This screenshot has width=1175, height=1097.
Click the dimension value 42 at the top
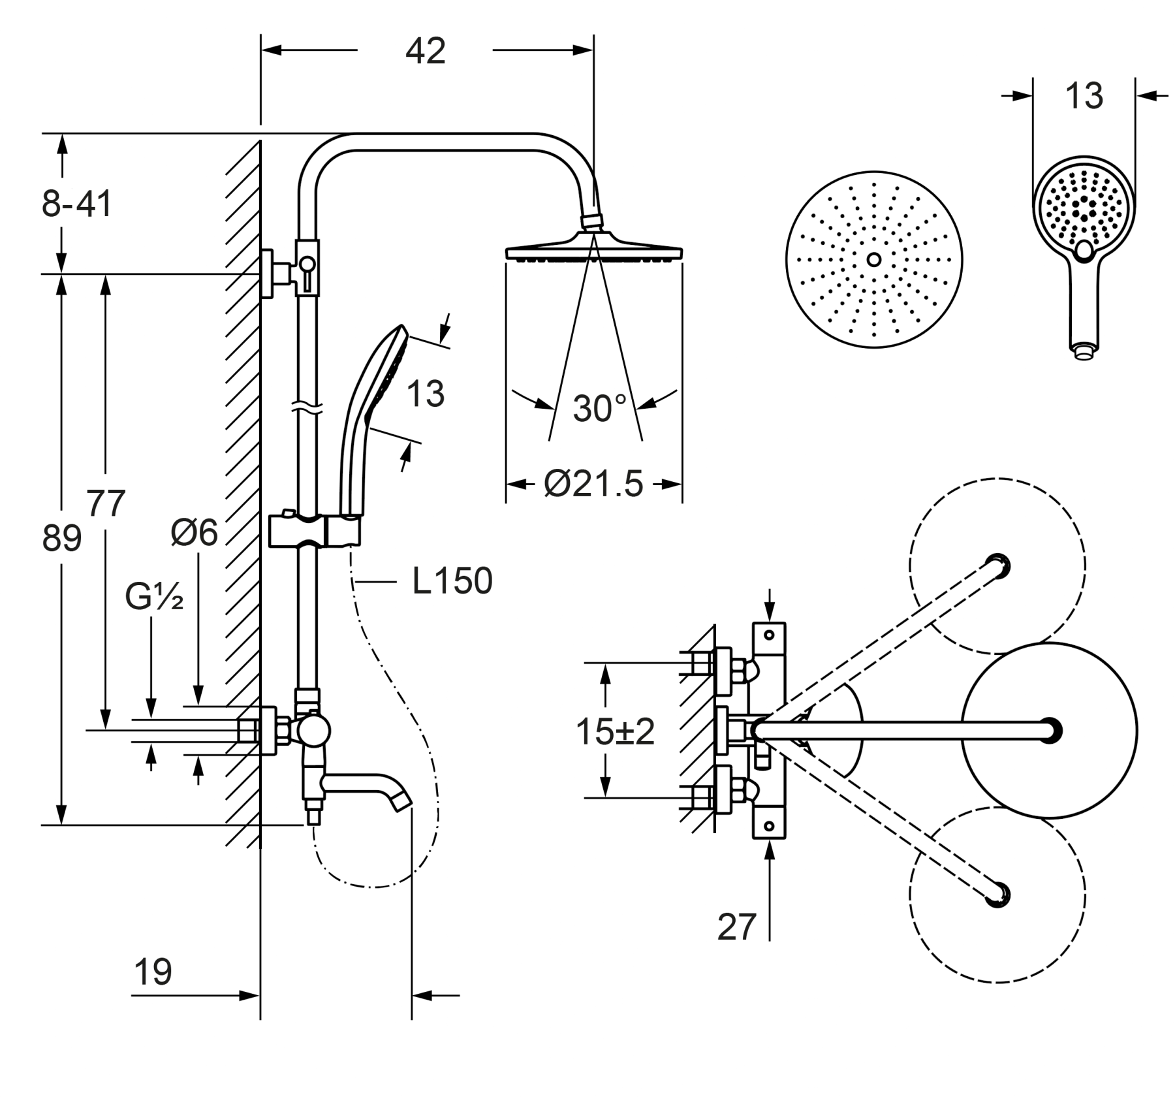pyautogui.click(x=425, y=51)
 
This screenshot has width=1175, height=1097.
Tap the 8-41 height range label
pyautogui.click(x=77, y=204)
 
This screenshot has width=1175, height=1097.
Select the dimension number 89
pyautogui.click(x=61, y=539)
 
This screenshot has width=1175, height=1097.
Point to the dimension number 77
pyautogui.click(x=106, y=503)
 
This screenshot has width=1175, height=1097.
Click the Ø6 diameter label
pyautogui.click(x=194, y=533)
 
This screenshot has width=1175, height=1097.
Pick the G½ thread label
pyautogui.click(x=154, y=597)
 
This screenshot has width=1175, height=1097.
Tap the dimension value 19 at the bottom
pyautogui.click(x=153, y=972)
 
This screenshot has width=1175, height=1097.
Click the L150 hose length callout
pyautogui.click(x=452, y=580)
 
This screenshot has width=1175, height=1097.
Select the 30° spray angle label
pyautogui.click(x=599, y=409)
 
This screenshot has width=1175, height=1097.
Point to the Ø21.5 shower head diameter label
pyautogui.click(x=593, y=485)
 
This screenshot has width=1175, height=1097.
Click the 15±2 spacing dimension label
pyautogui.click(x=614, y=731)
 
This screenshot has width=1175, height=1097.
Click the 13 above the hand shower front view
pyautogui.click(x=1084, y=96)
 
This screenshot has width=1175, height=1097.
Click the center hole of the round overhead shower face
pyautogui.click(x=873, y=260)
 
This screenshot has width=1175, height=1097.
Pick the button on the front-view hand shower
pyautogui.click(x=1084, y=249)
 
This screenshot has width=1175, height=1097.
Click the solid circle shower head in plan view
pyautogui.click(x=1049, y=730)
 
